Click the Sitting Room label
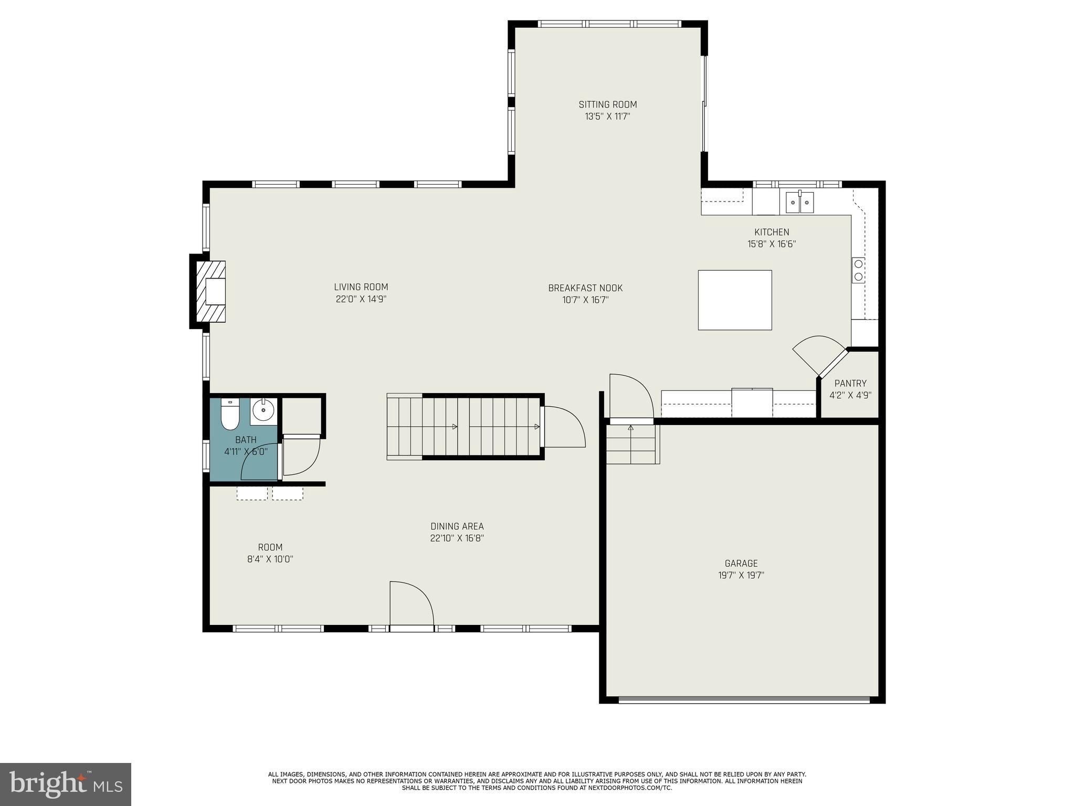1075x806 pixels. coord(607,104)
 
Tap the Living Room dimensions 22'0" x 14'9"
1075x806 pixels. coord(361,299)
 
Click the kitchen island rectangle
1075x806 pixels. coord(734,300)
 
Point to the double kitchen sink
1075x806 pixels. coord(799,202)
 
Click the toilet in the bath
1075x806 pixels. coord(230,414)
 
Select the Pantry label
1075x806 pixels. coord(850,383)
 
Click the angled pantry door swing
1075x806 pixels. coord(819,353)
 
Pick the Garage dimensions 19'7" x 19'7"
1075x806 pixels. coord(741,575)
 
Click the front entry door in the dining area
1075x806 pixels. coord(411,603)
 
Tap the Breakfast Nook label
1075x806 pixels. coord(585,288)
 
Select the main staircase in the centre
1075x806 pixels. coord(465,427)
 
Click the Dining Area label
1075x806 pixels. coord(457,526)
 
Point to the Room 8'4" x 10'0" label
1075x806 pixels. coord(270,553)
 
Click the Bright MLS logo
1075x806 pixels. coord(65,784)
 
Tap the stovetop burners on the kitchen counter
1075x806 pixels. coord(858,270)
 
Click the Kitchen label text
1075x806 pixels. coord(771,232)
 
